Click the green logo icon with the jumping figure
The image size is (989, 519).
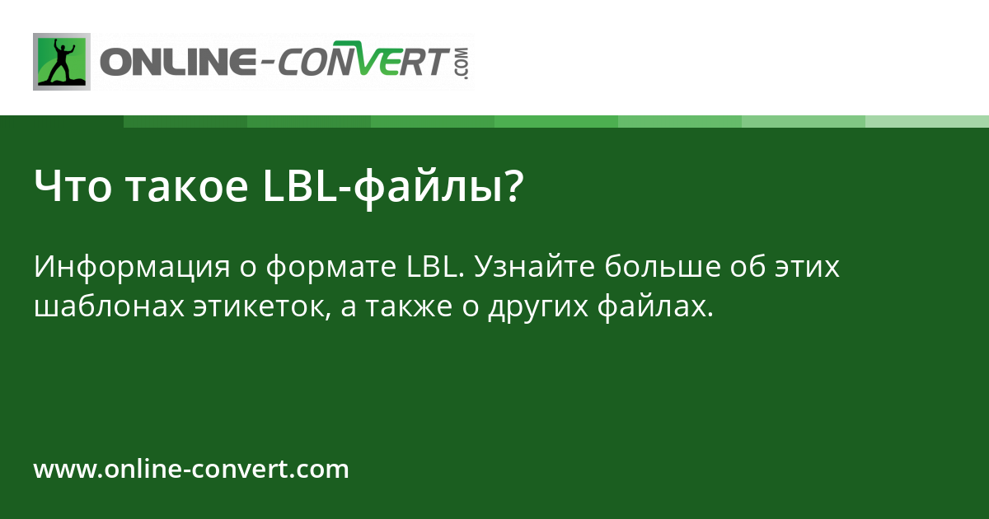pos(61,61)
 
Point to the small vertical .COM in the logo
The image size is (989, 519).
pos(461,63)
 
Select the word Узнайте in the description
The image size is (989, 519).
pos(536,268)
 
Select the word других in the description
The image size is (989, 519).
pos(537,306)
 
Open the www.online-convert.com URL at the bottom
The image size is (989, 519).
pos(191,470)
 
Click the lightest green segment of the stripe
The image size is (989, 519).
pos(927,121)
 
